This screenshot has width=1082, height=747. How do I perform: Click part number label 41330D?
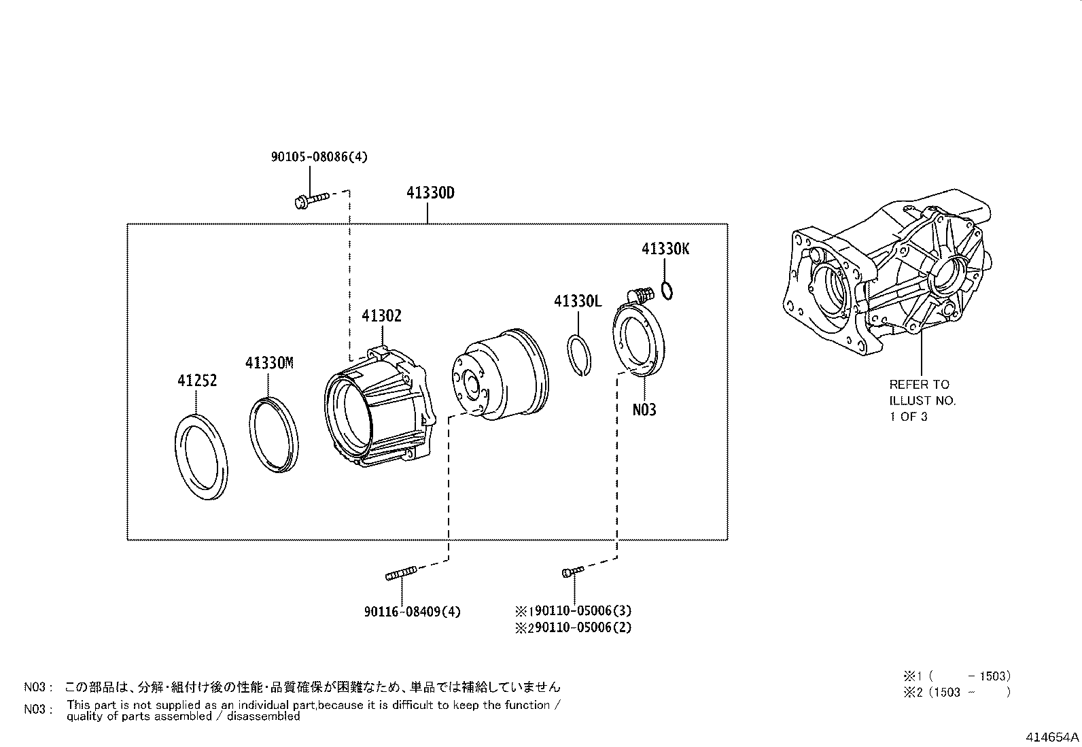pos(430,193)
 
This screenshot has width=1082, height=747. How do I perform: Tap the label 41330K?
pos(665,249)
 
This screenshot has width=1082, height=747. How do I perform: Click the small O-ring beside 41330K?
pos(667,292)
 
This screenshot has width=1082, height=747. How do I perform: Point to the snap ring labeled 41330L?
pos(579,354)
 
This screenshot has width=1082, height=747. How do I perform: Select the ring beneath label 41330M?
pos(273,434)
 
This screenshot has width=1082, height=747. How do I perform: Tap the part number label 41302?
pos(381,315)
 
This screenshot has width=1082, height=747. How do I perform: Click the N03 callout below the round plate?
pos(644,410)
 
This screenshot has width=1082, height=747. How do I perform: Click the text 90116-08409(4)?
pos(412,612)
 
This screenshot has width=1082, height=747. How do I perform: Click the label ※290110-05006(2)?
pos(574,627)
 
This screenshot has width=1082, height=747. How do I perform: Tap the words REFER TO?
pos(920,385)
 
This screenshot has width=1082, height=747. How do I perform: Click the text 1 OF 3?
pos(909,417)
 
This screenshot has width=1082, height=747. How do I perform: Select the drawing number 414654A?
pos(1053,737)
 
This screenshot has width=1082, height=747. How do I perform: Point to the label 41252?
pos(197,381)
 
